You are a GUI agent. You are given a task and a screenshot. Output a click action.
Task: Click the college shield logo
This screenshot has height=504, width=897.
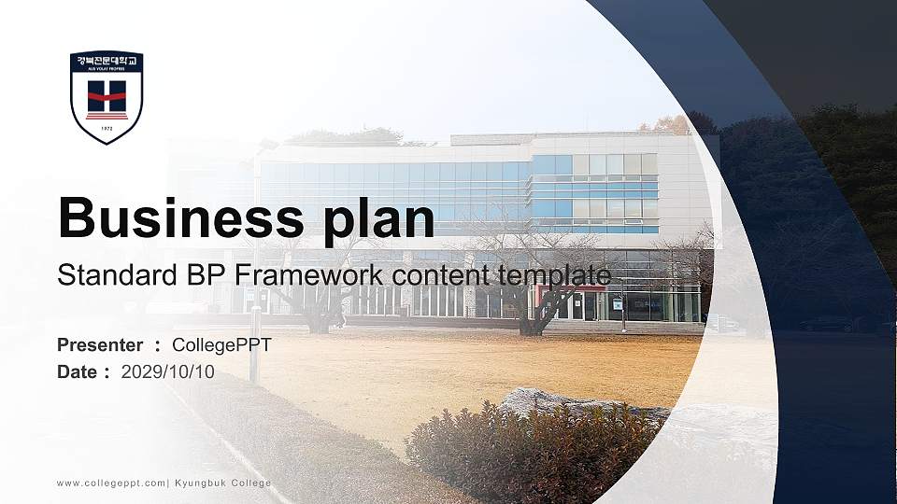click(107, 97)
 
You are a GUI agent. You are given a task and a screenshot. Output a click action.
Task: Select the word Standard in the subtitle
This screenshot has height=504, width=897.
click(111, 275)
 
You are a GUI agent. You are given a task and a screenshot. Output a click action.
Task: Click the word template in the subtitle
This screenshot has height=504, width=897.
click(557, 275)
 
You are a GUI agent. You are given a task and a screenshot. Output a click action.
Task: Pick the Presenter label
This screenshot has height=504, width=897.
click(100, 345)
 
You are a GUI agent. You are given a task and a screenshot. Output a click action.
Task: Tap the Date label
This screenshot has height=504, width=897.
click(78, 371)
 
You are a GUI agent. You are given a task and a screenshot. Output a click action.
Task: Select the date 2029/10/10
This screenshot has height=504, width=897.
click(168, 371)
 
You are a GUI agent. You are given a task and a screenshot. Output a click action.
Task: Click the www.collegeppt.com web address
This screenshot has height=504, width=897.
click(111, 483)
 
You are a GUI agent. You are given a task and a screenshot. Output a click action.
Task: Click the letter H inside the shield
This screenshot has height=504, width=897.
click(107, 94)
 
